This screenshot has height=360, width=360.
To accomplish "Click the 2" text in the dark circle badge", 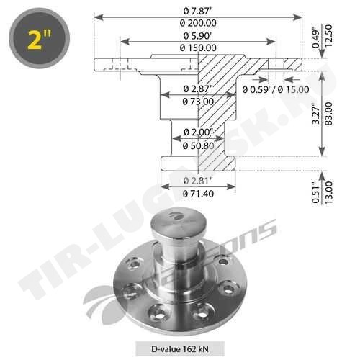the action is pyautogui.click(x=40, y=40).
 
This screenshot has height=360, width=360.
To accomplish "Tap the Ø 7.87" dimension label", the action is pyautogui.click(x=198, y=11).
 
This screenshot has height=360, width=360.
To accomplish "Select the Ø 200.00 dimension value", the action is pyautogui.click(x=198, y=23).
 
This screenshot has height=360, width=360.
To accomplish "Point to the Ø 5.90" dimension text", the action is pyautogui.click(x=198, y=36).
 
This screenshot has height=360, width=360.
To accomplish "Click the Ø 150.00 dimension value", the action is pyautogui.click(x=198, y=48).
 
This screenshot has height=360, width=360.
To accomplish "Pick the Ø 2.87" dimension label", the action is pyautogui.click(x=198, y=89).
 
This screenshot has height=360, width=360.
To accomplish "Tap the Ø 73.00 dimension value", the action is pyautogui.click(x=198, y=102).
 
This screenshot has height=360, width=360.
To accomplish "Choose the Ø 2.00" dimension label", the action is pyautogui.click(x=198, y=132).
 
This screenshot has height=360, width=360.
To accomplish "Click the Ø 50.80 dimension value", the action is pyautogui.click(x=198, y=145).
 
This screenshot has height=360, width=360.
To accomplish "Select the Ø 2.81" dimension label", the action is pyautogui.click(x=198, y=181).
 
